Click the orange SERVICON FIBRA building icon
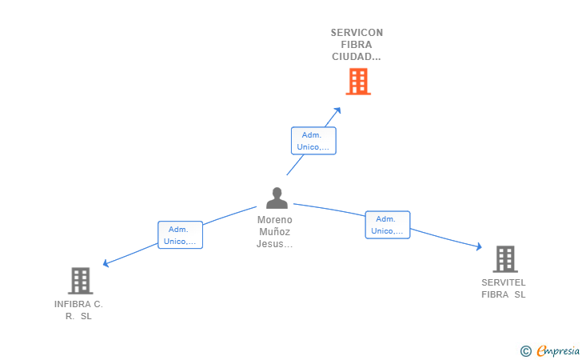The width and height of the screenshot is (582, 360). tap(358, 81)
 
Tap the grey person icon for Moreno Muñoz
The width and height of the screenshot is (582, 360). tap(277, 198)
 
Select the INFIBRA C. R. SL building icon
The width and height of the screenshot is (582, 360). tap(80, 281)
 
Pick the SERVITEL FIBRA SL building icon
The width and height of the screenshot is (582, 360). tap(504, 259)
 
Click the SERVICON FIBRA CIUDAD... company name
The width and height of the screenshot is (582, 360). tap(357, 45)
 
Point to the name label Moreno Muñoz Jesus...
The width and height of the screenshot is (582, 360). tap(275, 232)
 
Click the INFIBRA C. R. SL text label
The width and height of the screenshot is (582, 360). tap(78, 310)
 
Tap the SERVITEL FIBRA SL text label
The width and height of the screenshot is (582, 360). tap(504, 288)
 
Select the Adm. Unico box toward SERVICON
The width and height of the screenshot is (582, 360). tap(313, 141)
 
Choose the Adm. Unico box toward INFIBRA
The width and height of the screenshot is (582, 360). tap(180, 235)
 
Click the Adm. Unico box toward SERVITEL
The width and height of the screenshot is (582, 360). tap(387, 225)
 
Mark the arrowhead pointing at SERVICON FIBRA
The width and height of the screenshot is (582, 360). tap(338, 110)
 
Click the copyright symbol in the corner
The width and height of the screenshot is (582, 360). tap(525, 350)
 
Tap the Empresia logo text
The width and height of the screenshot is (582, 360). tap(558, 350)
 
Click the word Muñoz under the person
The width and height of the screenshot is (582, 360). tap(275, 232)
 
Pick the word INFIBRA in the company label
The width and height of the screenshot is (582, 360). tap(71, 304)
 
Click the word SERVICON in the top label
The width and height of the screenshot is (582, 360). tap(357, 33)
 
